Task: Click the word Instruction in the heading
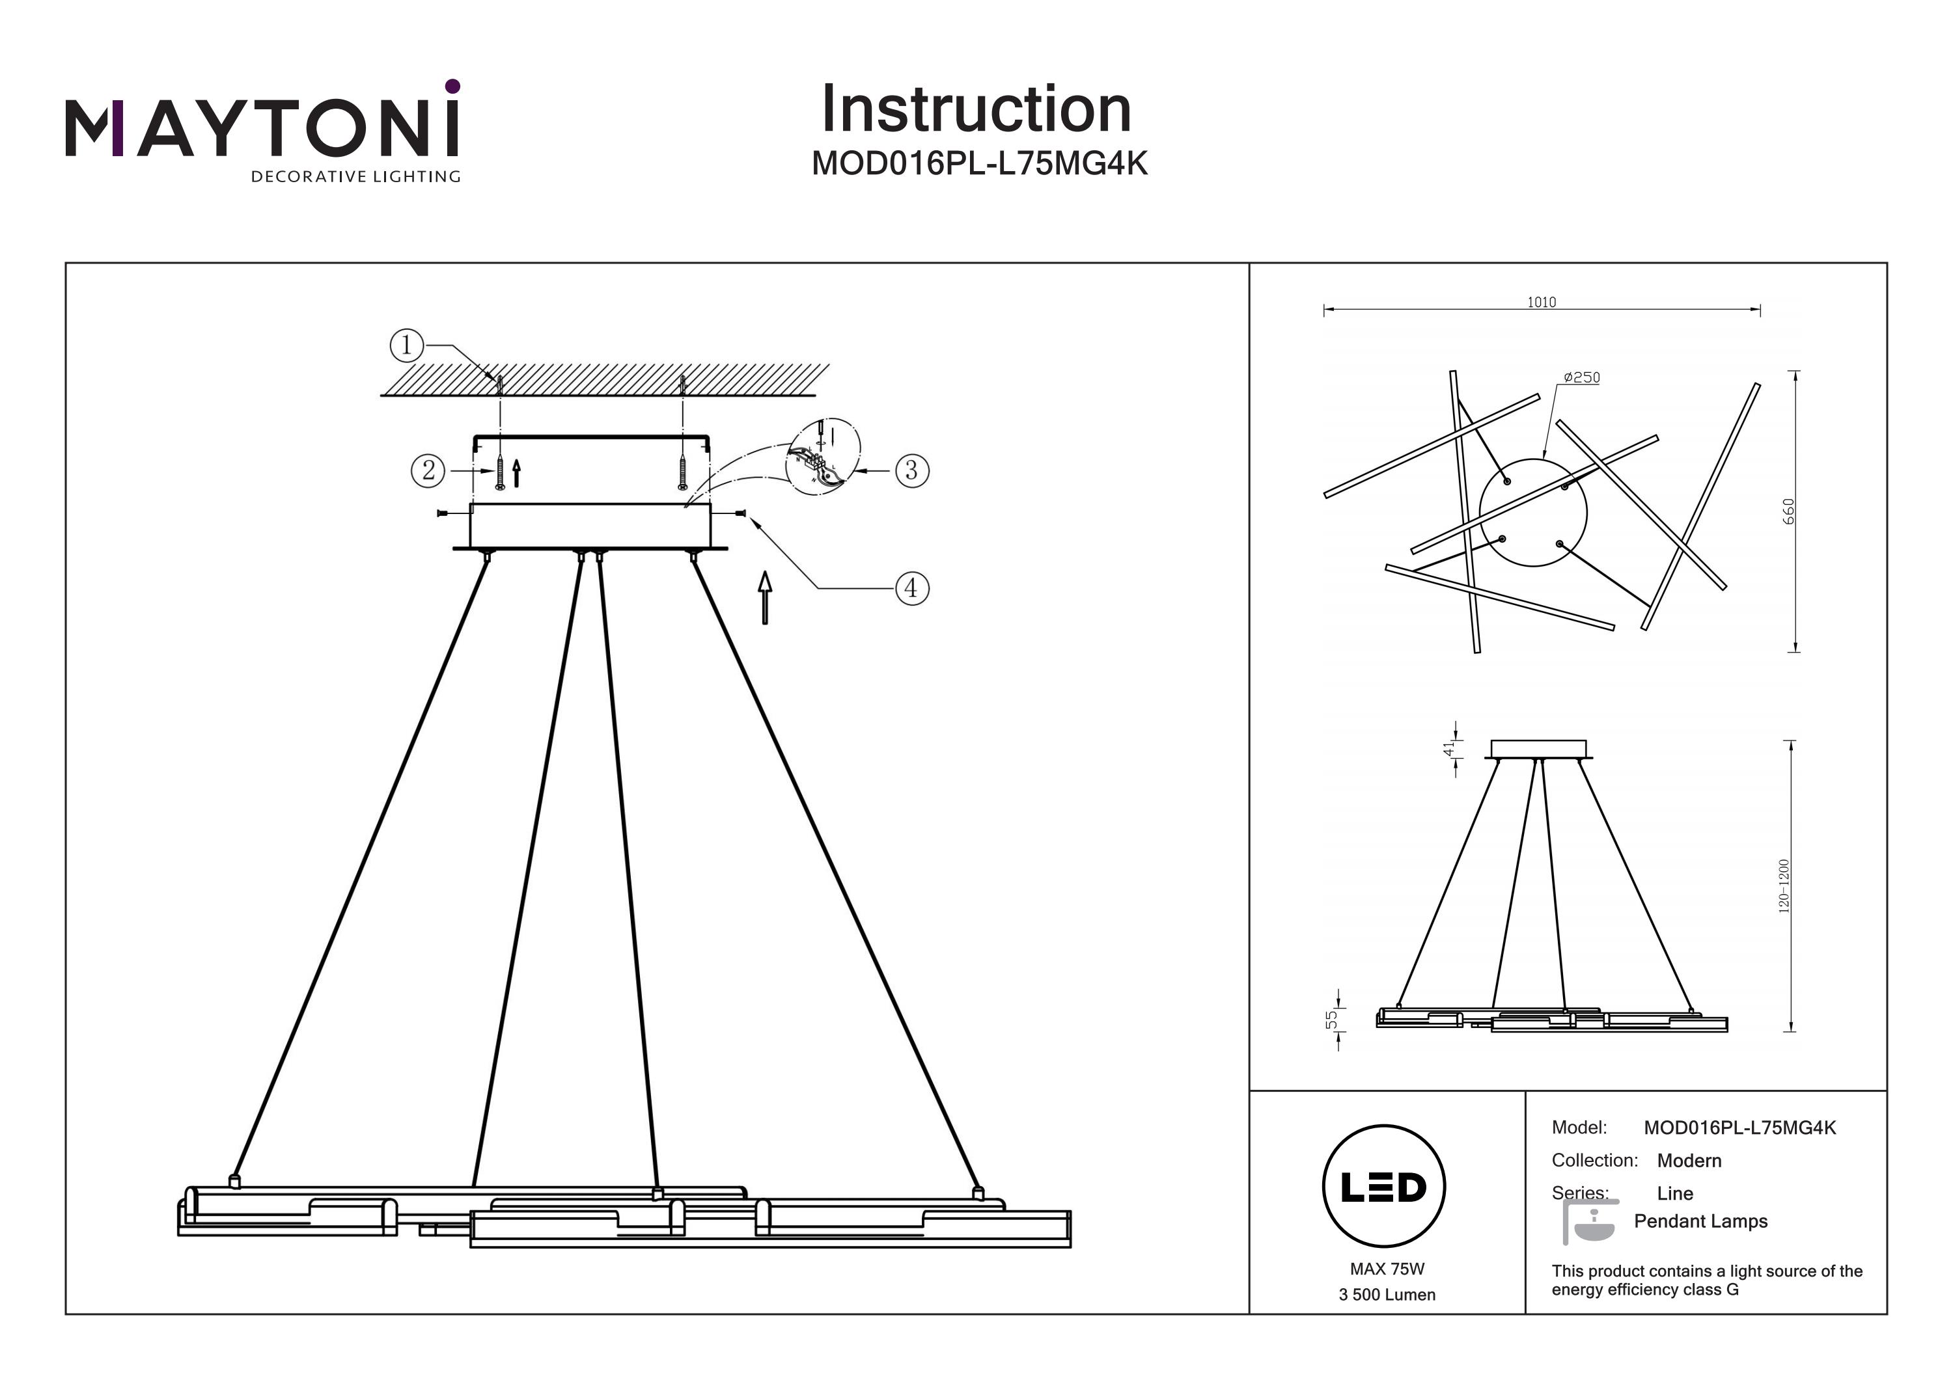(976, 110)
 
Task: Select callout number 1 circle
(407, 345)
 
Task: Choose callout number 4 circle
(912, 588)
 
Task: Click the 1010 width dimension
(1542, 302)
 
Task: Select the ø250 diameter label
(1581, 377)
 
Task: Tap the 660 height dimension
(1788, 511)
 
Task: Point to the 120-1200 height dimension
(1784, 886)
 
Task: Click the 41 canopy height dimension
(1448, 748)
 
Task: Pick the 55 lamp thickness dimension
(1331, 1019)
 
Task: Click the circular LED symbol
(1384, 1186)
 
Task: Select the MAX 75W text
(1387, 1269)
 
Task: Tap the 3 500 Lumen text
(1387, 1295)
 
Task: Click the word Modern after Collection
(1689, 1161)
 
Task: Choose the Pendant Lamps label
(1700, 1221)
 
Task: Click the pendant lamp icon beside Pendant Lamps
(1590, 1222)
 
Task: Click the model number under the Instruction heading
(979, 163)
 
